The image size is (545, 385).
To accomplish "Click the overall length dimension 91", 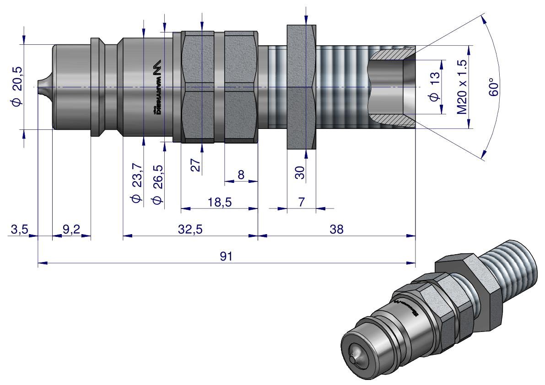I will [x=226, y=257].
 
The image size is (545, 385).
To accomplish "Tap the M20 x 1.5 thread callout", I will [x=462, y=86].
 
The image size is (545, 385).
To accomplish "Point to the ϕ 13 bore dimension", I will [x=434, y=86].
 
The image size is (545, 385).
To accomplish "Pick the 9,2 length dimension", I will [x=71, y=229].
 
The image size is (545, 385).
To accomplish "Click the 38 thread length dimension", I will [x=337, y=229].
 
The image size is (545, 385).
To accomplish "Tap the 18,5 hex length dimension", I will [x=219, y=202].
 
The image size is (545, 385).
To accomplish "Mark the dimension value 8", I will [x=241, y=175].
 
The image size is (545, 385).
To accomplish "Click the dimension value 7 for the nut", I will [x=301, y=202].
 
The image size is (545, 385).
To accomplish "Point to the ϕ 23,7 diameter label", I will [x=136, y=183].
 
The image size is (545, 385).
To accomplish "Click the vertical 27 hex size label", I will [x=196, y=165].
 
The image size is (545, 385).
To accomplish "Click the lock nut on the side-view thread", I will [x=301, y=86].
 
